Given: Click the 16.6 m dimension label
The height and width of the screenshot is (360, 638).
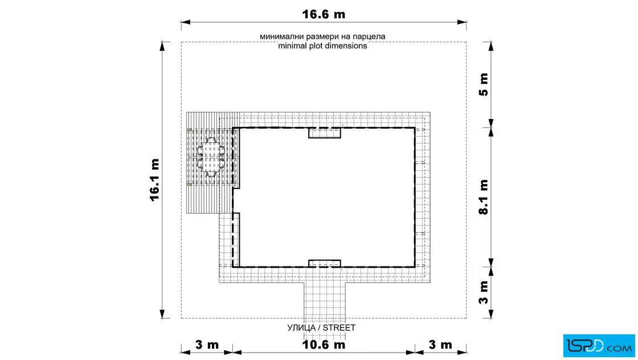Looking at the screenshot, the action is coord(324,14).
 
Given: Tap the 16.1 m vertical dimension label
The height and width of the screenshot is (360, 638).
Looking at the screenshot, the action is coord(154,180).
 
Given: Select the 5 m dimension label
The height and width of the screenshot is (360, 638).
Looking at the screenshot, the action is coord(484,85).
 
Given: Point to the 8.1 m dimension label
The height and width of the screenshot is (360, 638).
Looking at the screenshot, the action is coord(484,197).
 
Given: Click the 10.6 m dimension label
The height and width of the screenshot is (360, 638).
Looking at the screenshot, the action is coord(324,345).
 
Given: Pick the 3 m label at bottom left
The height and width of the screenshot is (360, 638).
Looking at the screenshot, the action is coord(207,345).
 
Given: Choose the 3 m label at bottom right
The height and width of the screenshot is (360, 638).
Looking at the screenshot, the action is coord(440,345).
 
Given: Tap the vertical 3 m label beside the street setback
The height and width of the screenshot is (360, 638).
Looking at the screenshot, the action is coord(484,292).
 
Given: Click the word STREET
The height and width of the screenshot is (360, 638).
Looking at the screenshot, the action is coord(339,328).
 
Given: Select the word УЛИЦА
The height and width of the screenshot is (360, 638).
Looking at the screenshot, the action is coord(301,328).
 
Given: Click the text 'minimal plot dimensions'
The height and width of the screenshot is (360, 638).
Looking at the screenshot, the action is coord(322,46).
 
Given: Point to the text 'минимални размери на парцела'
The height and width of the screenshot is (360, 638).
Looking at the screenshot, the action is coord(322,36).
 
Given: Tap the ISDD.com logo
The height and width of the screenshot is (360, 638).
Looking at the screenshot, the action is coord(599,346).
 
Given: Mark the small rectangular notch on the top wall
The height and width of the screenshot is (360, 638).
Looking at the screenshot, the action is coord(324,133).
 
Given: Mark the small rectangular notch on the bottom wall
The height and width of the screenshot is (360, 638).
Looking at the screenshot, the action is coord(324,263).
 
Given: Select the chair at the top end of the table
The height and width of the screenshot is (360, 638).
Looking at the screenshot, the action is coord(211,140).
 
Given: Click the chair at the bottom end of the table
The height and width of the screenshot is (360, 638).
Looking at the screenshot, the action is coord(211,174).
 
